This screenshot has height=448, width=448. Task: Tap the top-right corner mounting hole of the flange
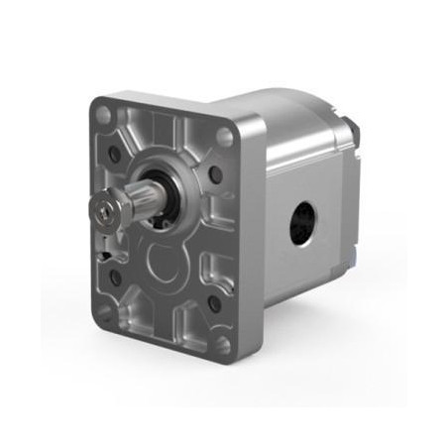(228, 137)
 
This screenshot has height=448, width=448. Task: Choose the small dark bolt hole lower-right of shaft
(214, 304)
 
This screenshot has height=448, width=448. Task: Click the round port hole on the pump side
(303, 224)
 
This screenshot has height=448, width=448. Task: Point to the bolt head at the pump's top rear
(352, 130)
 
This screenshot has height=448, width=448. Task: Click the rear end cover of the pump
(352, 198)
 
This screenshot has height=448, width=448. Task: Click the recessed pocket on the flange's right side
(218, 243)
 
